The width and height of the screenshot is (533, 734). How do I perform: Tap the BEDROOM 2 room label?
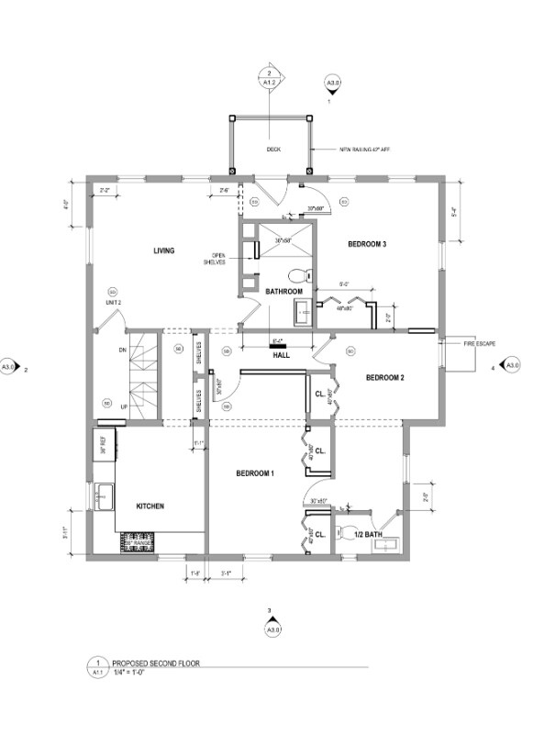(385, 377)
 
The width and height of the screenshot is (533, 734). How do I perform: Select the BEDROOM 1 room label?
(255, 473)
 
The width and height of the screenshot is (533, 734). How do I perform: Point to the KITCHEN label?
(150, 506)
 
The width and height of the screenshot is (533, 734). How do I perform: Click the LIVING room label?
(164, 250)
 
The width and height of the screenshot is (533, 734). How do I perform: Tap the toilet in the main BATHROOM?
(297, 274)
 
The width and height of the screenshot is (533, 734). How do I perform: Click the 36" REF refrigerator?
(103, 447)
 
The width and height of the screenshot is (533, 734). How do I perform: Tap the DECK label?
(273, 149)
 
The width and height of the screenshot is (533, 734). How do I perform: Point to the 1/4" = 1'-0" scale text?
(134, 672)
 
